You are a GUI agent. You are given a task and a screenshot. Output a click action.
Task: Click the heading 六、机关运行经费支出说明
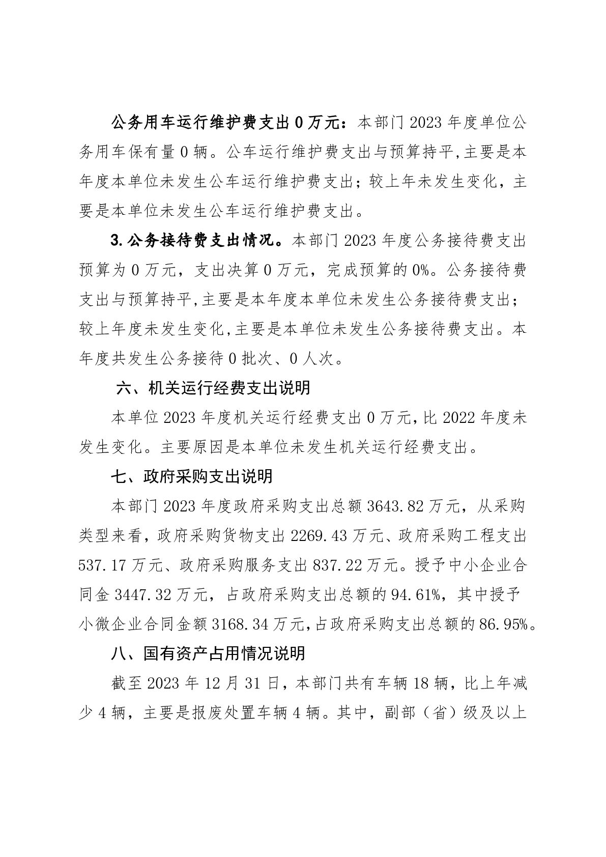pyautogui.click(x=213, y=389)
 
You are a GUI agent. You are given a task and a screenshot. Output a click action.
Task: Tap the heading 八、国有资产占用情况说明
pyautogui.click(x=208, y=653)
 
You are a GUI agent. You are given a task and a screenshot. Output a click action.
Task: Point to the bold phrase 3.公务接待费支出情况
pyautogui.click(x=196, y=241)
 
